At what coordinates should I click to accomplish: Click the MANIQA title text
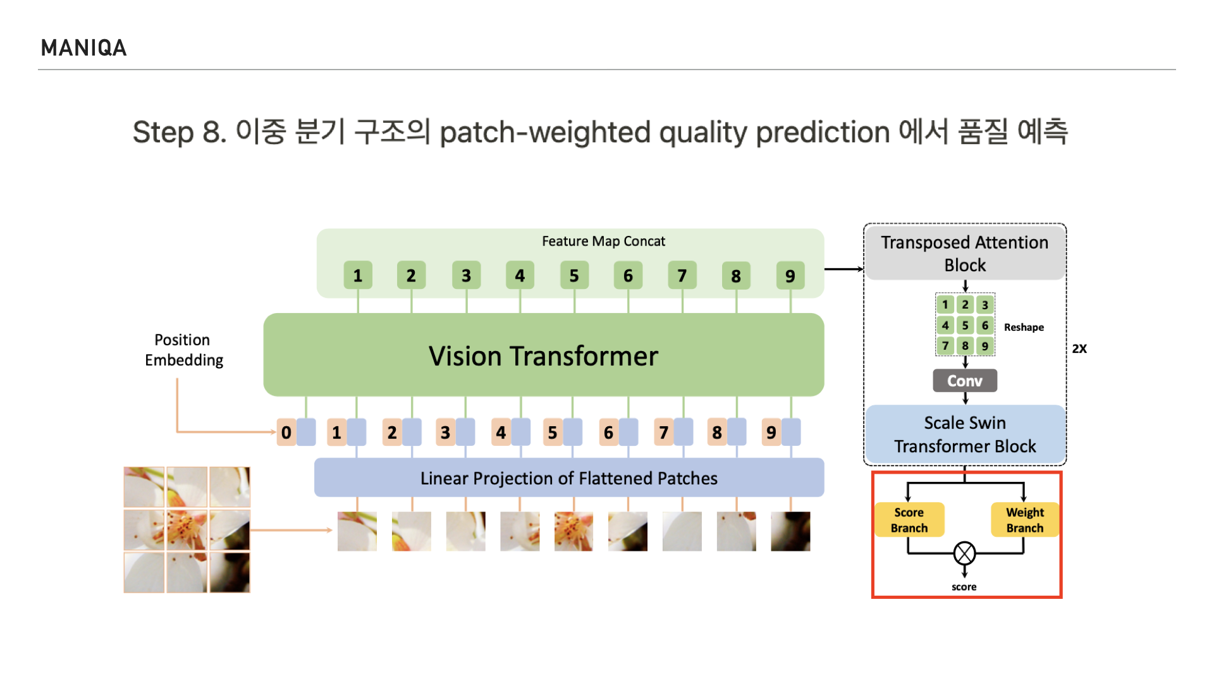tap(83, 48)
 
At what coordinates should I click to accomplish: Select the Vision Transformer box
tap(543, 355)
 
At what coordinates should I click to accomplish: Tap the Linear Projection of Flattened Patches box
tap(568, 478)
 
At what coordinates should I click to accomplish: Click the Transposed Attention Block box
tap(964, 253)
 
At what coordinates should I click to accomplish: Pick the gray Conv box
tap(964, 381)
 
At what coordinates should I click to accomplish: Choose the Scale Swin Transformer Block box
tap(964, 434)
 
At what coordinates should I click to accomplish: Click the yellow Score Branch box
tap(909, 520)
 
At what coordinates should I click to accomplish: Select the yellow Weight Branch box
tap(1024, 520)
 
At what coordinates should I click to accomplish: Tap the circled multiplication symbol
tap(964, 553)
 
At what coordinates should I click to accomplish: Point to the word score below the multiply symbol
tap(964, 587)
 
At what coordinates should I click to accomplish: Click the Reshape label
tap(1024, 327)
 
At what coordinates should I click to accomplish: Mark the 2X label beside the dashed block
tap(1079, 348)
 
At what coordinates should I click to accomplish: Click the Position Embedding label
tap(183, 350)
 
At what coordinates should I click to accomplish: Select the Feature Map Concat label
tap(603, 241)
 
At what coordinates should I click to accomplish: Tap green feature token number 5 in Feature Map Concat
tap(574, 276)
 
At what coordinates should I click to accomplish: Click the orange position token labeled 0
tap(286, 433)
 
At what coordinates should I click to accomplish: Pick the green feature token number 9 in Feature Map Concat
tap(790, 276)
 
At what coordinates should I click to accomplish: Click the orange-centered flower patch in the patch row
tap(573, 531)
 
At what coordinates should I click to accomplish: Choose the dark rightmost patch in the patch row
tap(790, 531)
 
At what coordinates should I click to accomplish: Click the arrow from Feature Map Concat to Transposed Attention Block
tap(843, 269)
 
